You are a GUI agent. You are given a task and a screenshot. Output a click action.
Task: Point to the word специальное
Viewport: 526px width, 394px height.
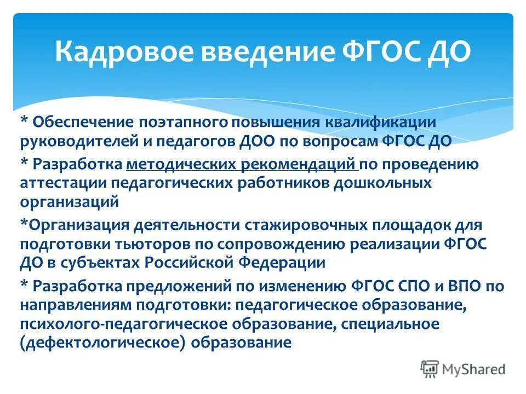390,324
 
